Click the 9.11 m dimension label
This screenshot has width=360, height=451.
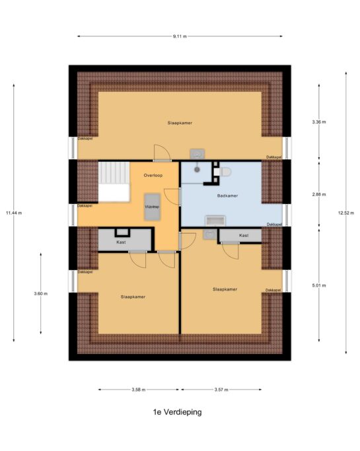pos(180,36)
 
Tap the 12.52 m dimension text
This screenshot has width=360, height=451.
pos(346,213)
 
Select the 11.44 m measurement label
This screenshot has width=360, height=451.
pos(14,213)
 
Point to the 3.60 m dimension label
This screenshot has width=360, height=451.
pos(40,294)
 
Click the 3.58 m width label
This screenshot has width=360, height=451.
pos(139,390)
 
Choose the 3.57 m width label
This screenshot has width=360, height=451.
pos(221,390)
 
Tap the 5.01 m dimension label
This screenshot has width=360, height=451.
pos(319,286)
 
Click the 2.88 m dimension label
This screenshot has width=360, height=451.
pos(319,194)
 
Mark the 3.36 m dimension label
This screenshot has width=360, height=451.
pos(319,122)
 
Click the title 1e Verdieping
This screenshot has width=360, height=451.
pos(177,412)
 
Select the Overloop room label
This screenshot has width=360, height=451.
pos(153,175)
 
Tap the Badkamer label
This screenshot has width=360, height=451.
pos(227,195)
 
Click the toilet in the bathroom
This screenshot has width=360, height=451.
pos(223,172)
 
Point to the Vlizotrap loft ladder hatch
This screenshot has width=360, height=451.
pos(152,207)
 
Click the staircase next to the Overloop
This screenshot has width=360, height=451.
pos(114,182)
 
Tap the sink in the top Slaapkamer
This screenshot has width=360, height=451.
pos(197,154)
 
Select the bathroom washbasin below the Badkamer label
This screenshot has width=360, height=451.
pos(215,221)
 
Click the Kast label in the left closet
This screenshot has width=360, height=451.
pos(121,242)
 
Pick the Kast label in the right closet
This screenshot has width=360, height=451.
pos(244,235)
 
